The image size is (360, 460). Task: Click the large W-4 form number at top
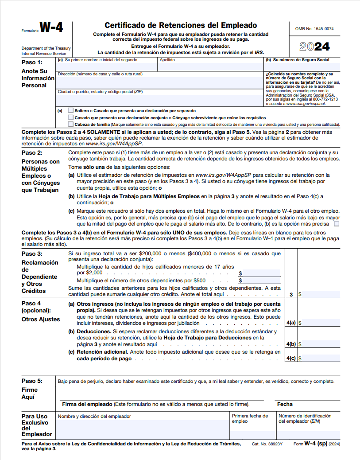(51, 27)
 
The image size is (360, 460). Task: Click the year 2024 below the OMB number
(314, 47)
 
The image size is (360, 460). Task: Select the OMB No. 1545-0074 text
(314, 29)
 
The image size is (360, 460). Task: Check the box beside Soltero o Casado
(71, 110)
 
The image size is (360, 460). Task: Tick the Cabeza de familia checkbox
(71, 125)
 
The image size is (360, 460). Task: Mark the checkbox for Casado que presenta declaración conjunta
(71, 117)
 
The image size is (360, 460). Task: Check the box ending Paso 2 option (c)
(337, 224)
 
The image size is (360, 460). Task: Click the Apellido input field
(210, 67)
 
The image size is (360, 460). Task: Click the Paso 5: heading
(32, 381)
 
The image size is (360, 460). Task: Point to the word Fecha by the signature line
(285, 404)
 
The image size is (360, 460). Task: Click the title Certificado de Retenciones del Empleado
(181, 26)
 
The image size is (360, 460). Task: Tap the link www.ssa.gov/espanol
(306, 104)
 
